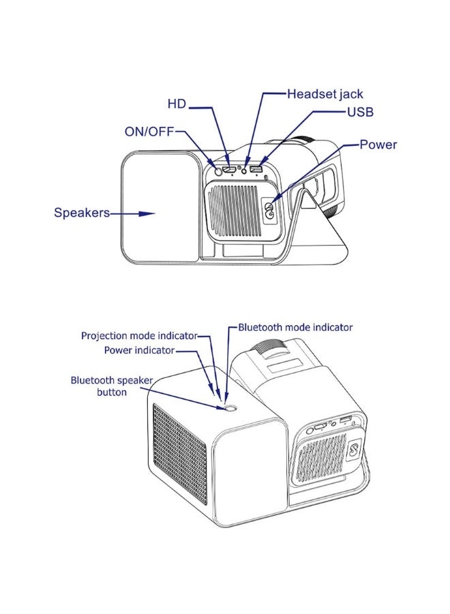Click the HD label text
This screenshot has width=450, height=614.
pos(177,104)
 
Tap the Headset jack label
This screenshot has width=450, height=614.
pos(325,94)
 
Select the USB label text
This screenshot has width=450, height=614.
pos(359,111)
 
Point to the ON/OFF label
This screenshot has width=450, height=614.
pos(149,132)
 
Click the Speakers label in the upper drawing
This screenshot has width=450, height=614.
pos(82,213)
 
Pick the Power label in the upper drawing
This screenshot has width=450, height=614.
pos(378,145)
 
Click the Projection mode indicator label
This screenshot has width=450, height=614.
pos(139,336)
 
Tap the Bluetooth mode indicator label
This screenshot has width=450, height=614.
pos(295,327)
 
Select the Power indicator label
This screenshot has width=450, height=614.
pos(139,350)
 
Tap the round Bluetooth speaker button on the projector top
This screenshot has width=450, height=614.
pos(230,409)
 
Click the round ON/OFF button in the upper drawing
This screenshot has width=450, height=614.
pos(218,171)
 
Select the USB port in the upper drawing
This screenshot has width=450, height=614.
pos(256,169)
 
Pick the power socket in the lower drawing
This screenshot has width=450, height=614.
pos(355,452)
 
